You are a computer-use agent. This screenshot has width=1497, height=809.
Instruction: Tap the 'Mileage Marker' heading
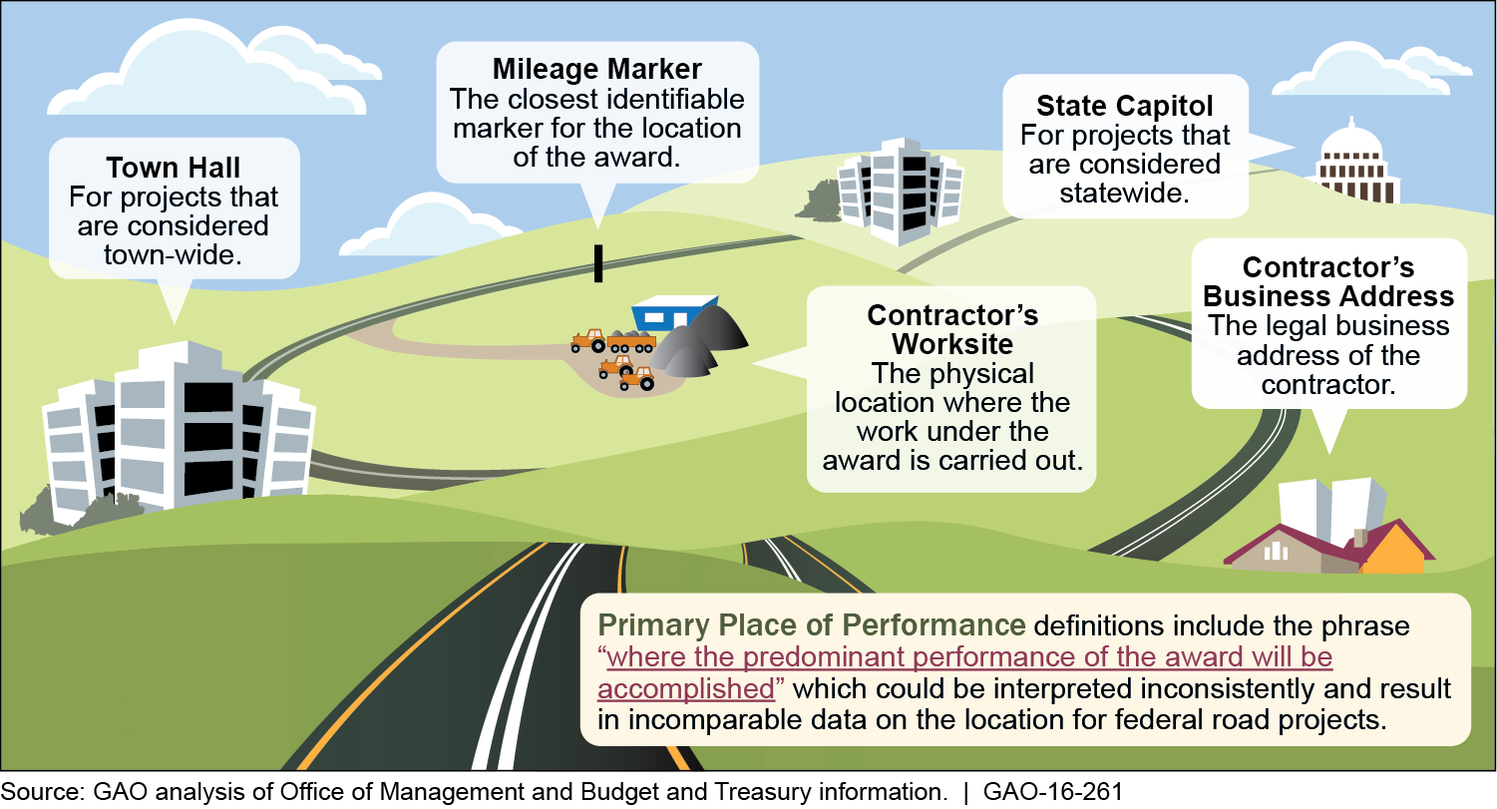tap(596, 70)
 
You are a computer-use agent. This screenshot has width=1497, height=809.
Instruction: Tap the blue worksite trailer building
tap(672, 313)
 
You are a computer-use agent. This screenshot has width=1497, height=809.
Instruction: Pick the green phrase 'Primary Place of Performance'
tap(811, 626)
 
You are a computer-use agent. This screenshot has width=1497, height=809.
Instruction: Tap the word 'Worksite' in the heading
tap(952, 344)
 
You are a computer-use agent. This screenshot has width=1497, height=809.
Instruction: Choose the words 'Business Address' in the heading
tap(1327, 296)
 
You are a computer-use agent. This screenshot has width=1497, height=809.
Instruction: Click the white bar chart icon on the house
tap(1276, 551)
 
